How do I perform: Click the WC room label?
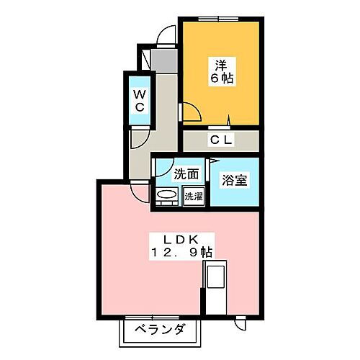139,101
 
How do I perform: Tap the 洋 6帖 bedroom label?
222,71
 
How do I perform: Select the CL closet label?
221,140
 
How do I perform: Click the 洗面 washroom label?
186,174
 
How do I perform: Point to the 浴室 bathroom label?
235,180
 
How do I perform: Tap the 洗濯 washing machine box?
194,196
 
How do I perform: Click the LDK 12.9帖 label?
181,246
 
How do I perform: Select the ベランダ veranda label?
160,329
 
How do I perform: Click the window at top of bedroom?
218,19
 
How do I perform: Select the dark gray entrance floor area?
164,60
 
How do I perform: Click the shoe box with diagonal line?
145,60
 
